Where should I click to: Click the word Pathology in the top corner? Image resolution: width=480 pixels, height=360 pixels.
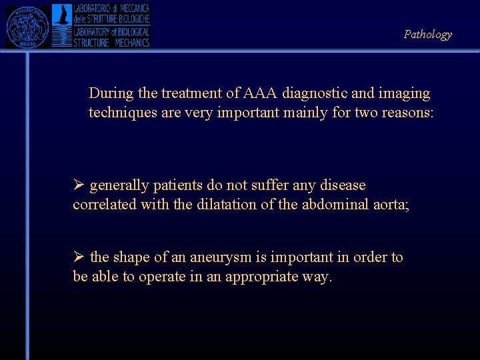point(427,35)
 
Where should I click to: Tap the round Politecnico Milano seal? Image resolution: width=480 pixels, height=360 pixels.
point(28,26)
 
